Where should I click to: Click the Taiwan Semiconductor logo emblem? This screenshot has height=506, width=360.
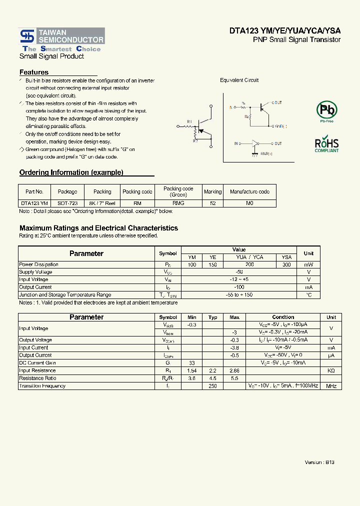(27, 36)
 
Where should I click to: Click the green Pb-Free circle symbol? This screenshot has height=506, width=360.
(326, 109)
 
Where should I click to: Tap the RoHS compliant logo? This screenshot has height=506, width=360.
(326, 144)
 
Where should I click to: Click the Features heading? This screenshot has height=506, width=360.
(34, 72)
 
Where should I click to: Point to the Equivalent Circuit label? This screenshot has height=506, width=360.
(239, 80)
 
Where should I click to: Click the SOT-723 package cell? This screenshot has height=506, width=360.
(67, 203)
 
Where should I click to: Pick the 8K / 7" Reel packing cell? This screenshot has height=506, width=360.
(102, 203)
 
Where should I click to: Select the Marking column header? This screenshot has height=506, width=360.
(212, 191)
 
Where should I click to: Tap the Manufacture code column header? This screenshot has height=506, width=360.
(249, 191)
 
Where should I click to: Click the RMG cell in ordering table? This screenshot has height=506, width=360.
(178, 203)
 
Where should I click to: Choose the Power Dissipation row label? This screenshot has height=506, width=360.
(38, 264)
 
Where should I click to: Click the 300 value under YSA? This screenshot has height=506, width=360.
(286, 264)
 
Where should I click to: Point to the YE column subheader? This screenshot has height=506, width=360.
(212, 257)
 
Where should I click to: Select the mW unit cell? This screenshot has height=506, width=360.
(308, 264)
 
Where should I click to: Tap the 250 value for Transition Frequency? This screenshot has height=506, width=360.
(212, 386)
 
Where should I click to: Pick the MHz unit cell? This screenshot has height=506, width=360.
(331, 386)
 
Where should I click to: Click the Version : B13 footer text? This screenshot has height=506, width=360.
(319, 462)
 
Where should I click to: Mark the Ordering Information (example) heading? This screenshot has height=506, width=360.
(71, 172)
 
